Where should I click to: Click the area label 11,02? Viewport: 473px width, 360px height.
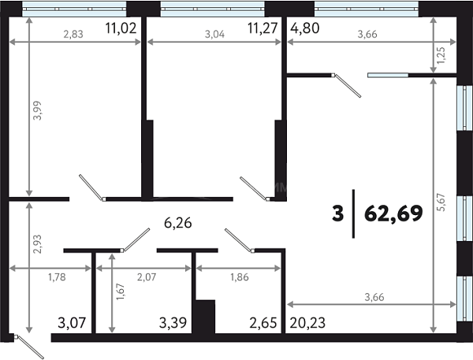click(121, 28)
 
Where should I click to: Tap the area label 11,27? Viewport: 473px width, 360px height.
click(263, 28)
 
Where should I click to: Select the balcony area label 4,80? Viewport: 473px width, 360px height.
click(304, 28)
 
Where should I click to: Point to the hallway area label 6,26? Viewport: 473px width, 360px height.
click(178, 223)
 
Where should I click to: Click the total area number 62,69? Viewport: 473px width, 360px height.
click(393, 213)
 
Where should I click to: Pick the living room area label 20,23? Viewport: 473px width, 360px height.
click(307, 323)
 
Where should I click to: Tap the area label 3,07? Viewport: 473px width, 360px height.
click(72, 323)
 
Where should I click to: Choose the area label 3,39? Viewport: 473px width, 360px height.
click(173, 323)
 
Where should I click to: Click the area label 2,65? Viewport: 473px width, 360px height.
click(263, 323)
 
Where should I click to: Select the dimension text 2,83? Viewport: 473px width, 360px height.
click(73, 35)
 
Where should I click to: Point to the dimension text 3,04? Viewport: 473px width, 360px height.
click(214, 35)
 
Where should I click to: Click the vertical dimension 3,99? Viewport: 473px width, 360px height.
click(37, 110)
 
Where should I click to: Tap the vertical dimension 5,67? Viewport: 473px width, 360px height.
click(441, 202)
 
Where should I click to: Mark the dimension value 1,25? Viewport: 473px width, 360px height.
click(441, 55)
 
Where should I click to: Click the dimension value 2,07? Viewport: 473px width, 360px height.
click(147, 276)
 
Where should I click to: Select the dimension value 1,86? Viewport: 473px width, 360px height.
click(240, 276)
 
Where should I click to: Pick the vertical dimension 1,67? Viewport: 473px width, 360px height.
click(121, 291)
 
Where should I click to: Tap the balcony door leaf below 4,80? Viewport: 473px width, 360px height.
click(348, 86)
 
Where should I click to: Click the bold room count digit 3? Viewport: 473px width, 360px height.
click(338, 213)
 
